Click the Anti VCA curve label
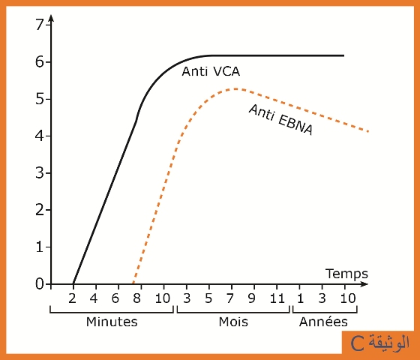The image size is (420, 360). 211,71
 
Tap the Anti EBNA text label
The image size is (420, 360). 281,119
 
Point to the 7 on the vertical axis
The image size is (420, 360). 39,25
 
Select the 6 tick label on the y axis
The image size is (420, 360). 39,61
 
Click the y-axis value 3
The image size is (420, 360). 39,173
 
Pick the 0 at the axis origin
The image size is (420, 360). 39,284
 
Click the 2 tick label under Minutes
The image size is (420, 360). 72,298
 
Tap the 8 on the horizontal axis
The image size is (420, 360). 136,298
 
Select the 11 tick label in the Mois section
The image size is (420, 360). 277,298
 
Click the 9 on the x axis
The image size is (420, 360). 251,298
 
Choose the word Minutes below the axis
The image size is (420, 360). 112,322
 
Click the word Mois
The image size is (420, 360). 233,322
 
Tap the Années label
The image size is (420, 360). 323,322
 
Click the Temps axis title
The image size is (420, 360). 346,274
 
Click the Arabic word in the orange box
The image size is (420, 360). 389,343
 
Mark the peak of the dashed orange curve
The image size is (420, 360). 235,88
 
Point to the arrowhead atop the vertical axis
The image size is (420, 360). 52,18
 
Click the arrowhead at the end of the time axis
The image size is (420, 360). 364,284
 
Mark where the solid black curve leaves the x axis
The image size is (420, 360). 73,283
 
